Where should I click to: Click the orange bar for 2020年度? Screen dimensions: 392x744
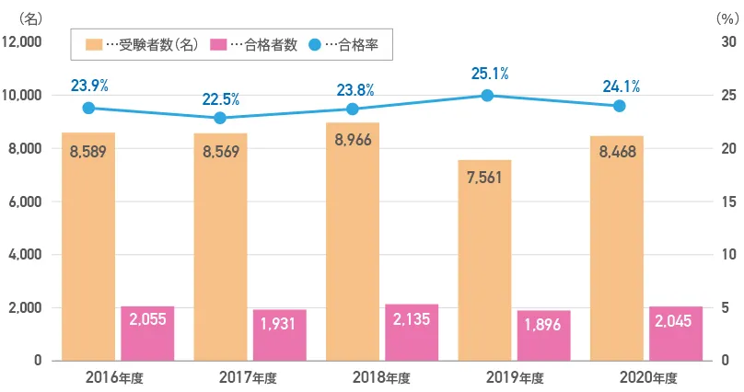coord(617,248)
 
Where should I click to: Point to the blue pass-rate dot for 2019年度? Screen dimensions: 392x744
coord(487,96)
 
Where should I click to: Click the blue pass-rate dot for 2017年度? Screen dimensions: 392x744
coord(220,118)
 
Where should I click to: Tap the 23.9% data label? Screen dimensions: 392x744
coord(89,86)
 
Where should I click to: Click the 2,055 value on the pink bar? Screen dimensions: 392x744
coord(147,319)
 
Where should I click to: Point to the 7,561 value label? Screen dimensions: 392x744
coord(485,177)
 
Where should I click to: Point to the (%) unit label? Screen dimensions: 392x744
coord(726,17)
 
